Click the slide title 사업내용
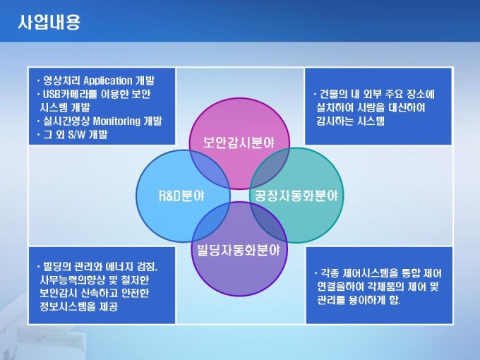[49, 22]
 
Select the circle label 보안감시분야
[239, 143]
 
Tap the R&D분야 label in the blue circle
[181, 196]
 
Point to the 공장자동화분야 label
[296, 196]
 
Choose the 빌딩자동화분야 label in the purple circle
[239, 250]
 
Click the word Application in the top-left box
[108, 80]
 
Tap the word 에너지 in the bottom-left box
[119, 266]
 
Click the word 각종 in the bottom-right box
[330, 272]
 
